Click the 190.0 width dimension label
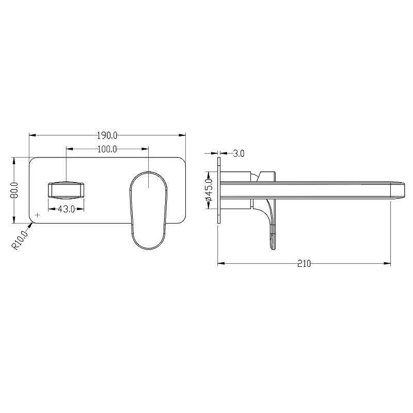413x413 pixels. click(107, 136)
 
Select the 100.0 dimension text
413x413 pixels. click(107, 149)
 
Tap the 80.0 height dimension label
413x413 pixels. click(15, 190)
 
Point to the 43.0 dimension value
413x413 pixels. click(66, 209)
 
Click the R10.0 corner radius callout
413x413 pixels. click(20, 240)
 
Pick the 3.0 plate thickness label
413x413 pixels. click(239, 153)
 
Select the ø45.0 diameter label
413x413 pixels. click(209, 190)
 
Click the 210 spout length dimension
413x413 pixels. click(304, 263)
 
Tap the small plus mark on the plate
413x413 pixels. click(38, 215)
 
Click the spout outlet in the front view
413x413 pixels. click(66, 190)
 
